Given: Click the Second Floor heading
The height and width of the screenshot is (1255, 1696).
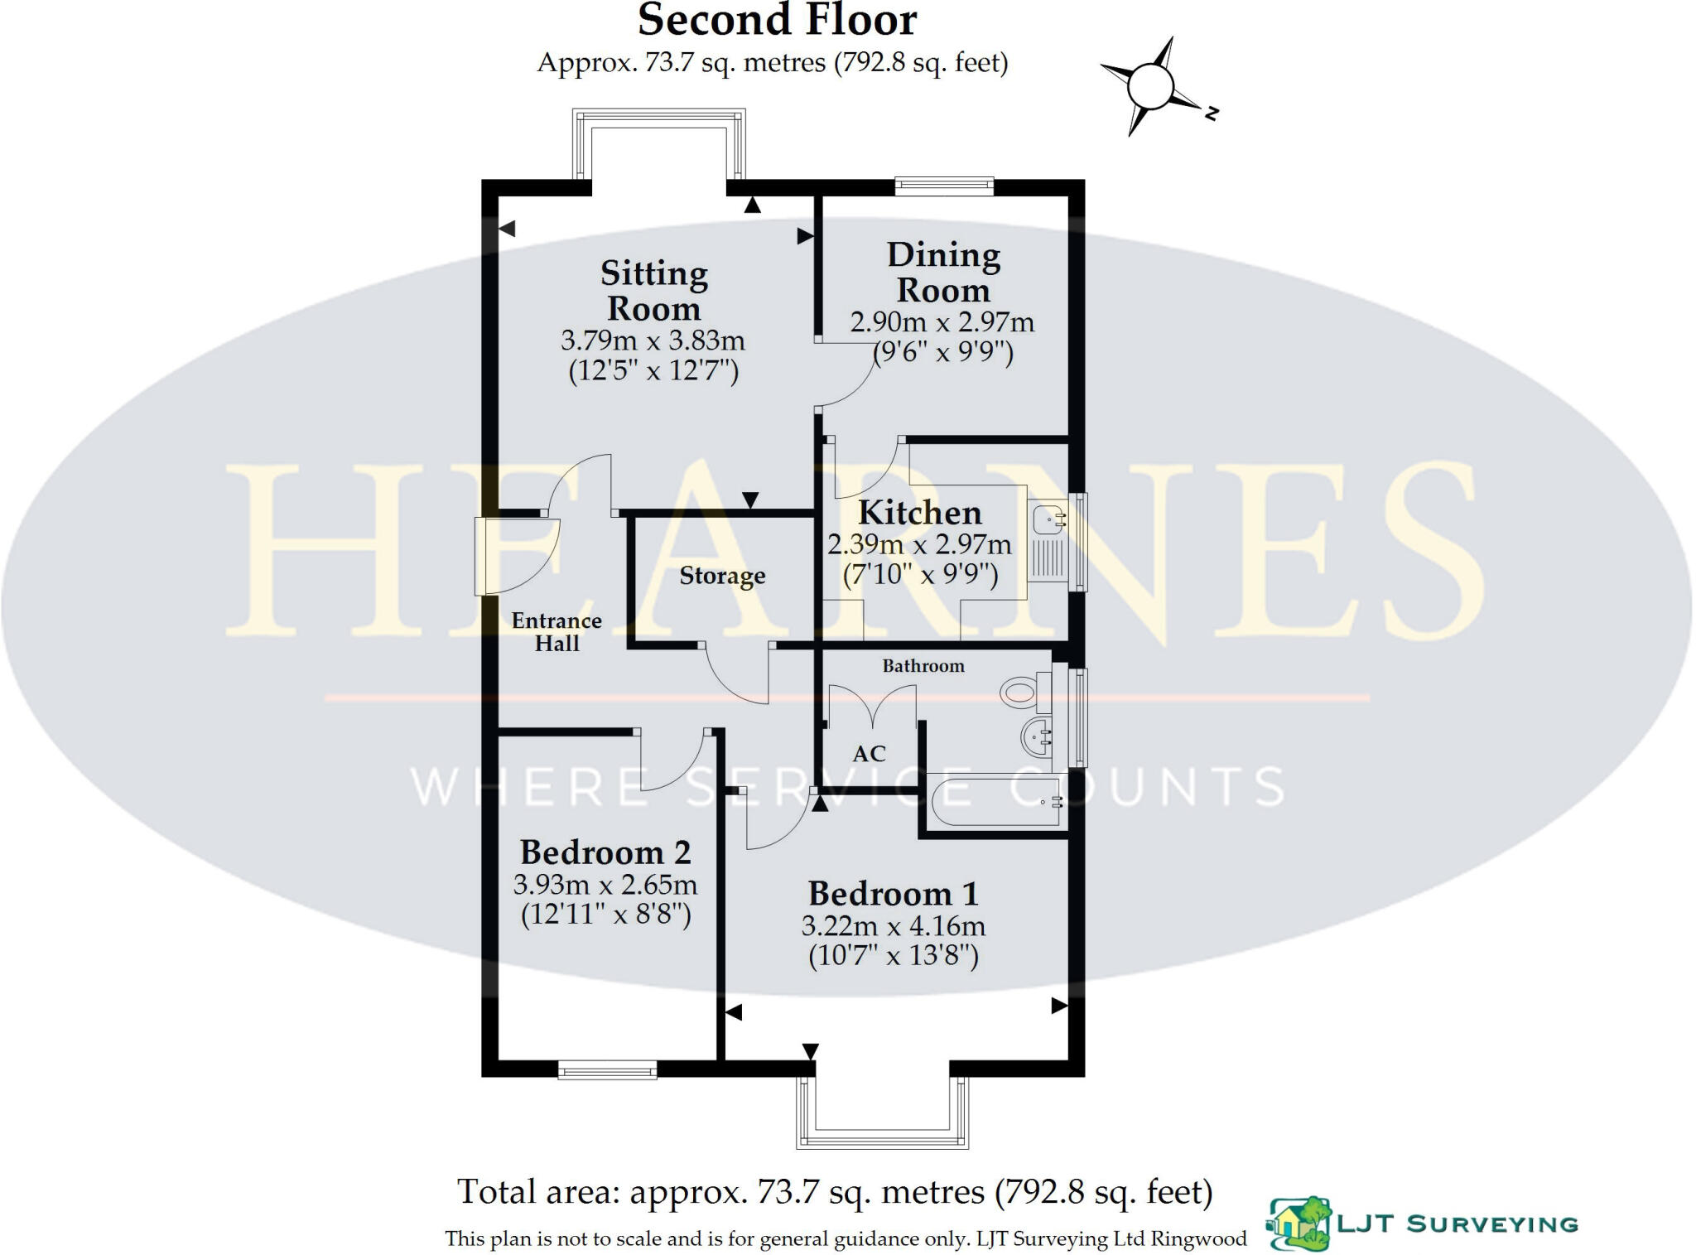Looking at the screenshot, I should (x=777, y=21).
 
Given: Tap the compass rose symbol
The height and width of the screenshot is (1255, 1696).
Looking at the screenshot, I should (x=1151, y=86).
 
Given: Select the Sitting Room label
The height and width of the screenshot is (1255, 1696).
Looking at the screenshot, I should (x=653, y=290).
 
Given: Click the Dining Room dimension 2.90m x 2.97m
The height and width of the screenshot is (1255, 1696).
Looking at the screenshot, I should (x=942, y=321).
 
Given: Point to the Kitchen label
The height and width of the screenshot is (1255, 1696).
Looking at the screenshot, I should (x=919, y=513).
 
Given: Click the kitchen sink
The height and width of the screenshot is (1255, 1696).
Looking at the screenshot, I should (x=1049, y=520).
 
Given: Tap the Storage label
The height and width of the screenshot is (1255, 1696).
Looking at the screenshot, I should (x=722, y=576).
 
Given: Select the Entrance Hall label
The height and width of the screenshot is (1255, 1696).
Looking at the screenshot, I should (x=556, y=632).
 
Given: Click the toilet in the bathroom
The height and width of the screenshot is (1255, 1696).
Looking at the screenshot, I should (x=1020, y=692).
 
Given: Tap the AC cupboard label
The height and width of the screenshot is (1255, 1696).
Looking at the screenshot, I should (x=869, y=754).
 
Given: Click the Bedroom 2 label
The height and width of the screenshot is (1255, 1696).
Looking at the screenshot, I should (x=605, y=852).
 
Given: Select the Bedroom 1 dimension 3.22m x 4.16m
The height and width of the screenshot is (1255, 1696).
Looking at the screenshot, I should (x=893, y=925).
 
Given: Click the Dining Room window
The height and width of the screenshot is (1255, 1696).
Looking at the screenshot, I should (x=944, y=186).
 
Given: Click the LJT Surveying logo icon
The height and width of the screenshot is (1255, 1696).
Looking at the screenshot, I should (x=1299, y=1223).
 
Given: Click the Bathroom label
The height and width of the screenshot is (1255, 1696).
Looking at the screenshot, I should (x=923, y=666).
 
